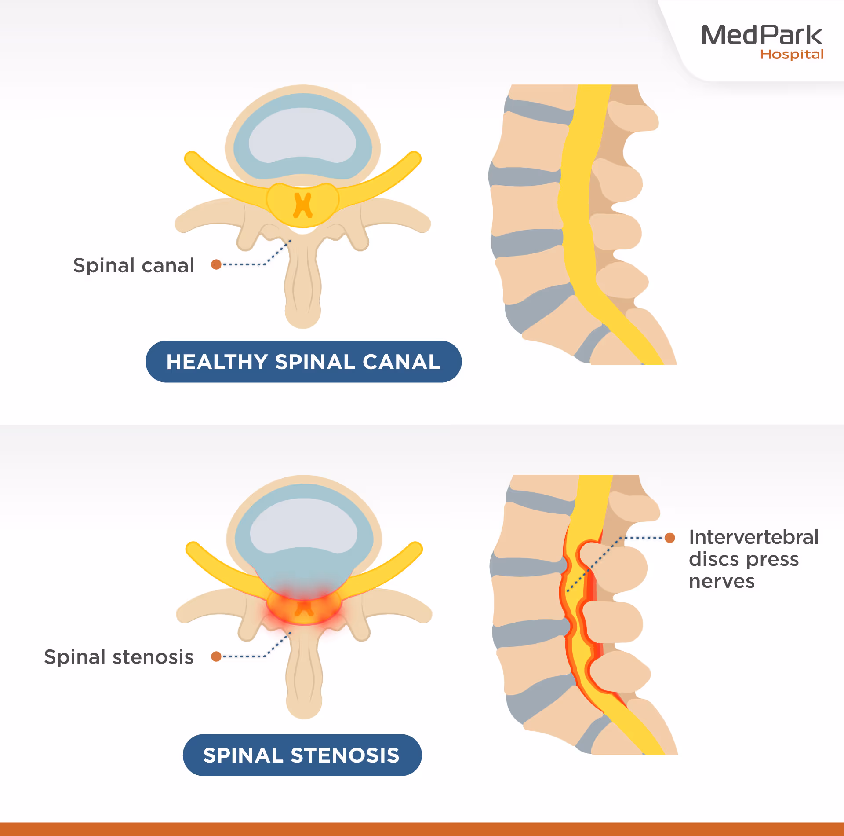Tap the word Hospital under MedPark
click(x=792, y=55)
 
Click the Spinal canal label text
click(x=134, y=265)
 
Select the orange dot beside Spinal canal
click(x=216, y=264)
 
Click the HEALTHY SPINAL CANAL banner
click(x=303, y=362)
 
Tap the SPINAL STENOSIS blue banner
click(x=302, y=755)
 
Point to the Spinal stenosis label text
click(x=119, y=657)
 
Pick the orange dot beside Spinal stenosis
click(x=216, y=656)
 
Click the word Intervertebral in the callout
click(x=753, y=537)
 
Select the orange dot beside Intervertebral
click(x=670, y=538)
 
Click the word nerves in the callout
click(x=722, y=581)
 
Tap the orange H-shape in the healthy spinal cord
click(x=303, y=205)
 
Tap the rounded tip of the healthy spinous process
click(x=303, y=315)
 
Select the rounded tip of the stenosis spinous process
click(x=304, y=705)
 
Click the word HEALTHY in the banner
click(x=217, y=362)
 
